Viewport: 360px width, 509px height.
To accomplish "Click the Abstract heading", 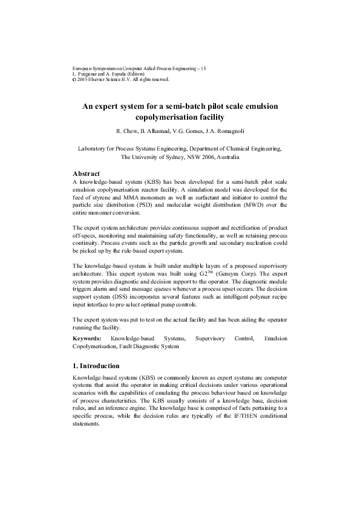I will (90, 173).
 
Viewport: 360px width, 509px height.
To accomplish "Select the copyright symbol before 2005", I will (74, 79).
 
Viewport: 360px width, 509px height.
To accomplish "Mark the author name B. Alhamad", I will (153, 131).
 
